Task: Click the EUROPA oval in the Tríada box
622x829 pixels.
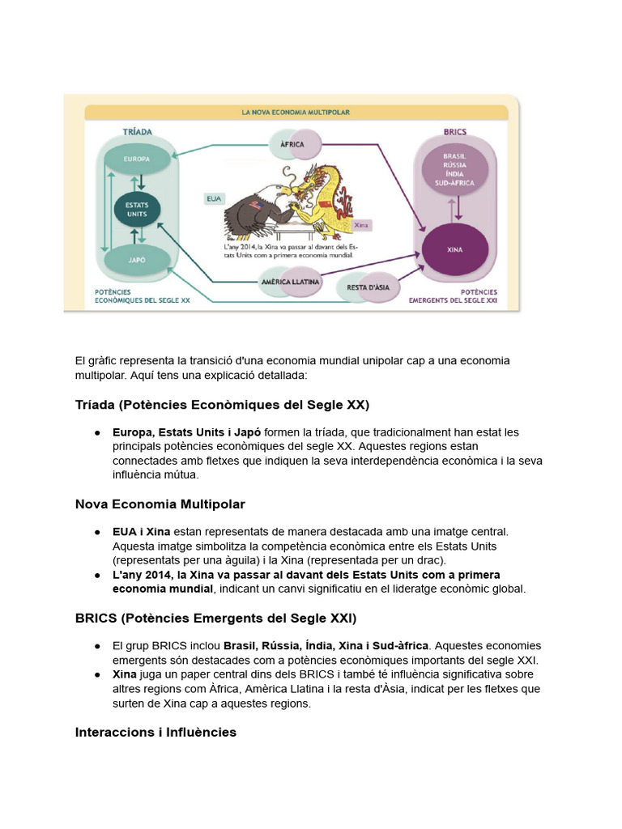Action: [x=137, y=159]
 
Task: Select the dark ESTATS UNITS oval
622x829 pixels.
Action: [x=136, y=210]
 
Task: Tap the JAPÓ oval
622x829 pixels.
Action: [x=137, y=261]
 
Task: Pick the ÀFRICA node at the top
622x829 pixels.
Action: [x=292, y=144]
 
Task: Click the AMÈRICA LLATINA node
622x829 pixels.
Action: [x=291, y=282]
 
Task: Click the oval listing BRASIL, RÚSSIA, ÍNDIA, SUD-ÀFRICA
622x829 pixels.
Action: [x=454, y=170]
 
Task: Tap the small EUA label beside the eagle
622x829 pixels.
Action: [x=214, y=197]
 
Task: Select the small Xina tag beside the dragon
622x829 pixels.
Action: [x=361, y=226]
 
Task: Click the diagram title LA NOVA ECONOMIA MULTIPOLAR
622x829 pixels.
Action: [x=296, y=112]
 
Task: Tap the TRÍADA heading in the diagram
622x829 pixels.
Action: [x=137, y=130]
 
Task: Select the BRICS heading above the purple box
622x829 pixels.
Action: [x=454, y=131]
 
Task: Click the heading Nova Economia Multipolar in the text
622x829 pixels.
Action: [x=160, y=504]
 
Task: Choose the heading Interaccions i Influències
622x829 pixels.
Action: [x=155, y=733]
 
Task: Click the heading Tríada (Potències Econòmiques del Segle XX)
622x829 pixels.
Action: [x=222, y=405]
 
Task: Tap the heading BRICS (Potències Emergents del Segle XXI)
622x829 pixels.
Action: [x=215, y=619]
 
